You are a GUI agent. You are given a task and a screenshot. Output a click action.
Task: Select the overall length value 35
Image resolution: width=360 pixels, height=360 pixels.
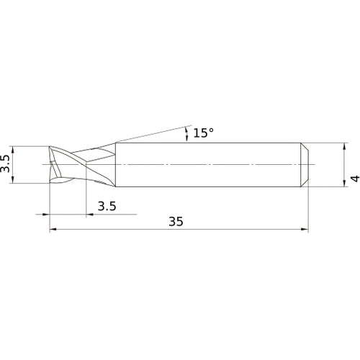click(176, 222)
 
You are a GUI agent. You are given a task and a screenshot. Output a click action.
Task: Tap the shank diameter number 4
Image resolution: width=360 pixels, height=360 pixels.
click(354, 178)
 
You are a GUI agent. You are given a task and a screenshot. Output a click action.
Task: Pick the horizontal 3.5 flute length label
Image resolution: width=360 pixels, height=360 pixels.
click(107, 206)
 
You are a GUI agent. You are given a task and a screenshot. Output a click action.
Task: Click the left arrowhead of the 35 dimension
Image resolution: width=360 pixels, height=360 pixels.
click(53, 230)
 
